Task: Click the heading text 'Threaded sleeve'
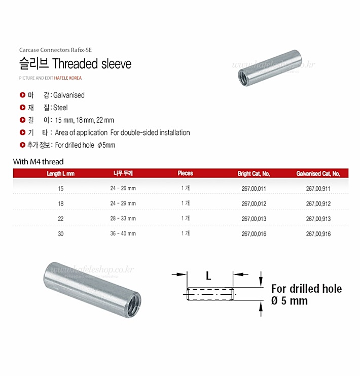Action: (92, 63)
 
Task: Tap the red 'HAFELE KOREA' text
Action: (68, 78)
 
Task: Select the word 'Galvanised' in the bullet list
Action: (69, 95)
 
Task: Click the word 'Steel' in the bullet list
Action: (60, 108)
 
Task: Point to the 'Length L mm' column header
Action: (61, 174)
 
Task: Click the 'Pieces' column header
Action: (185, 173)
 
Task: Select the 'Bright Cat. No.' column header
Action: (254, 174)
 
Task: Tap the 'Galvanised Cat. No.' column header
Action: (318, 174)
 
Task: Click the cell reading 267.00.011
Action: (254, 188)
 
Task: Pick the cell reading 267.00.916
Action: (318, 234)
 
